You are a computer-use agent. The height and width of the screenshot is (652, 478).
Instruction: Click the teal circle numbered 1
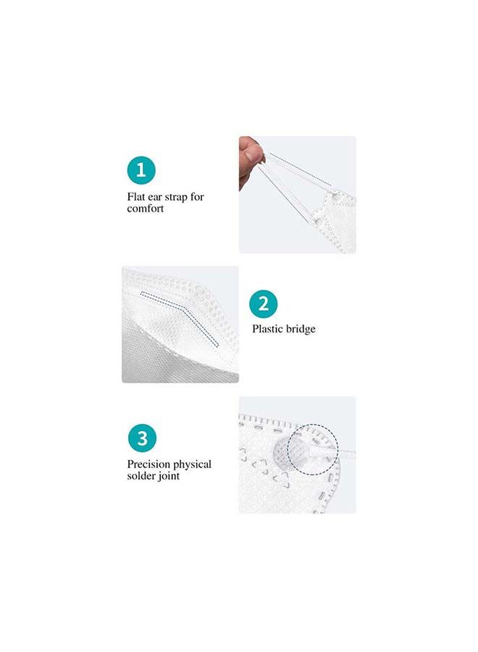tap(141, 171)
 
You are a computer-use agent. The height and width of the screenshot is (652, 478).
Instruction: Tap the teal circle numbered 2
tap(264, 304)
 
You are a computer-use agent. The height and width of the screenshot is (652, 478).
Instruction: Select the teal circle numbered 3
tap(142, 438)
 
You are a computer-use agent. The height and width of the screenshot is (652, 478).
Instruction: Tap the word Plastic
tap(267, 329)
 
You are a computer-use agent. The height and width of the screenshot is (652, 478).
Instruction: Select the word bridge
tap(301, 329)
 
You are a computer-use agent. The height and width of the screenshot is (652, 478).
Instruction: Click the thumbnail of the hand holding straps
tap(297, 194)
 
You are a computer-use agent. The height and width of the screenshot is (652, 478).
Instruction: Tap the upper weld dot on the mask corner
tap(335, 197)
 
